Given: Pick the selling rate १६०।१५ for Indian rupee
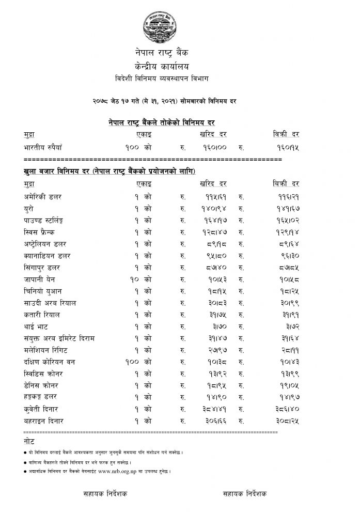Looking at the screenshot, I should (285, 147).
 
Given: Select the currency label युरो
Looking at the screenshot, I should (30, 209).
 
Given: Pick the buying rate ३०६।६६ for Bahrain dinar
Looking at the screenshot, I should (212, 421).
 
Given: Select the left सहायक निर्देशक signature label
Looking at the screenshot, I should (105, 494).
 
